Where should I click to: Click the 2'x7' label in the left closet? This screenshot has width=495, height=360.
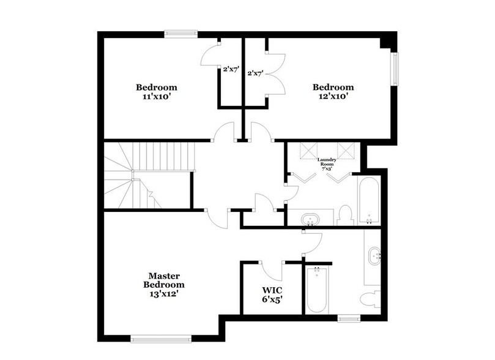pos(230,70)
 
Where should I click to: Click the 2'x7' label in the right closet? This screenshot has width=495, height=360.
pos(255,73)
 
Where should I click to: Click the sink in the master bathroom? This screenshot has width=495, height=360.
pos(374,253)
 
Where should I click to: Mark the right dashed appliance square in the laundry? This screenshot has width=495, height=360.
pos(346,150)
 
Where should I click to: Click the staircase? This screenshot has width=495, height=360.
pos(147,174)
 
